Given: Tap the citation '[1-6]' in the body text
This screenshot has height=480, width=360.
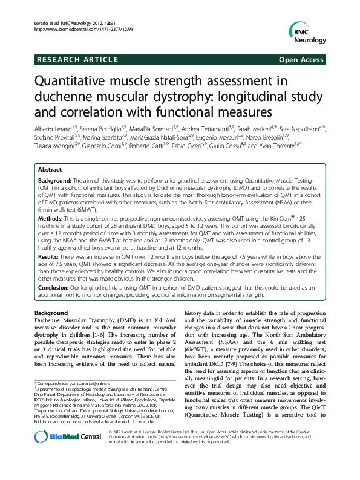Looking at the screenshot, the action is tap(126, 334).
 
